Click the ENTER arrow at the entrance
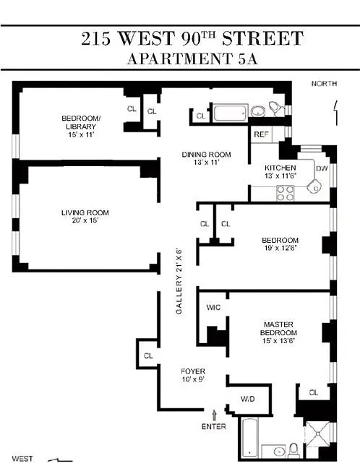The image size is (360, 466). tap(214, 415)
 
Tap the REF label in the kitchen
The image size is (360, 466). tap(261, 134)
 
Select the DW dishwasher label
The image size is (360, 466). tap(322, 168)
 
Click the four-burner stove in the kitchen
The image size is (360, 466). tap(285, 193)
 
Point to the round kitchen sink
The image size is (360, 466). tap(314, 187)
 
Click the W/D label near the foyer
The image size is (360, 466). tap(248, 399)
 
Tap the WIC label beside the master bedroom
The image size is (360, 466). tap(213, 307)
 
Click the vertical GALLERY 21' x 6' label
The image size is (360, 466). tap(179, 281)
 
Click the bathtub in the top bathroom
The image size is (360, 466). tap(231, 112)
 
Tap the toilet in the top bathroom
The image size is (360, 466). tap(276, 109)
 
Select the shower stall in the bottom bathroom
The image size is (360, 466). tap(318, 434)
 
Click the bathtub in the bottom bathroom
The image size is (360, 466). tap(249, 438)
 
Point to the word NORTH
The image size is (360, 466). tap(324, 84)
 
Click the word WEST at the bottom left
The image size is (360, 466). tap(22, 459)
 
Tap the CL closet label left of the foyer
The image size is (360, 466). tap(148, 355)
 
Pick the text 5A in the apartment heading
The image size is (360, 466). tap(247, 59)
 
